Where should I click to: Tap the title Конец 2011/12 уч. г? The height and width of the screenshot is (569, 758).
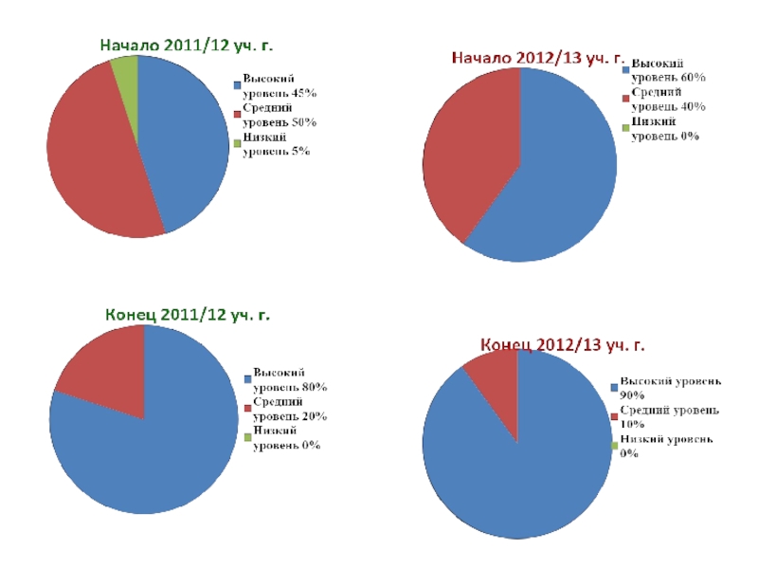[187, 314]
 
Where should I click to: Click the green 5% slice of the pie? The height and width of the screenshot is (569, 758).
[126, 70]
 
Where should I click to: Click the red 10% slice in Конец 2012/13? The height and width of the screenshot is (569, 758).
[496, 379]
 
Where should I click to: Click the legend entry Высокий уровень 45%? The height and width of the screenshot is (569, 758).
[279, 86]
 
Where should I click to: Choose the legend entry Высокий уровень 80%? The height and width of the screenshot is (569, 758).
[288, 380]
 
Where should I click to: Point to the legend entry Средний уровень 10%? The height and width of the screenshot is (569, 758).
[668, 416]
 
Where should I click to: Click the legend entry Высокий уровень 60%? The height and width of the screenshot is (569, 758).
[667, 69]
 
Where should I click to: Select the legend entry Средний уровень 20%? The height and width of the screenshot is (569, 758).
[288, 410]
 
